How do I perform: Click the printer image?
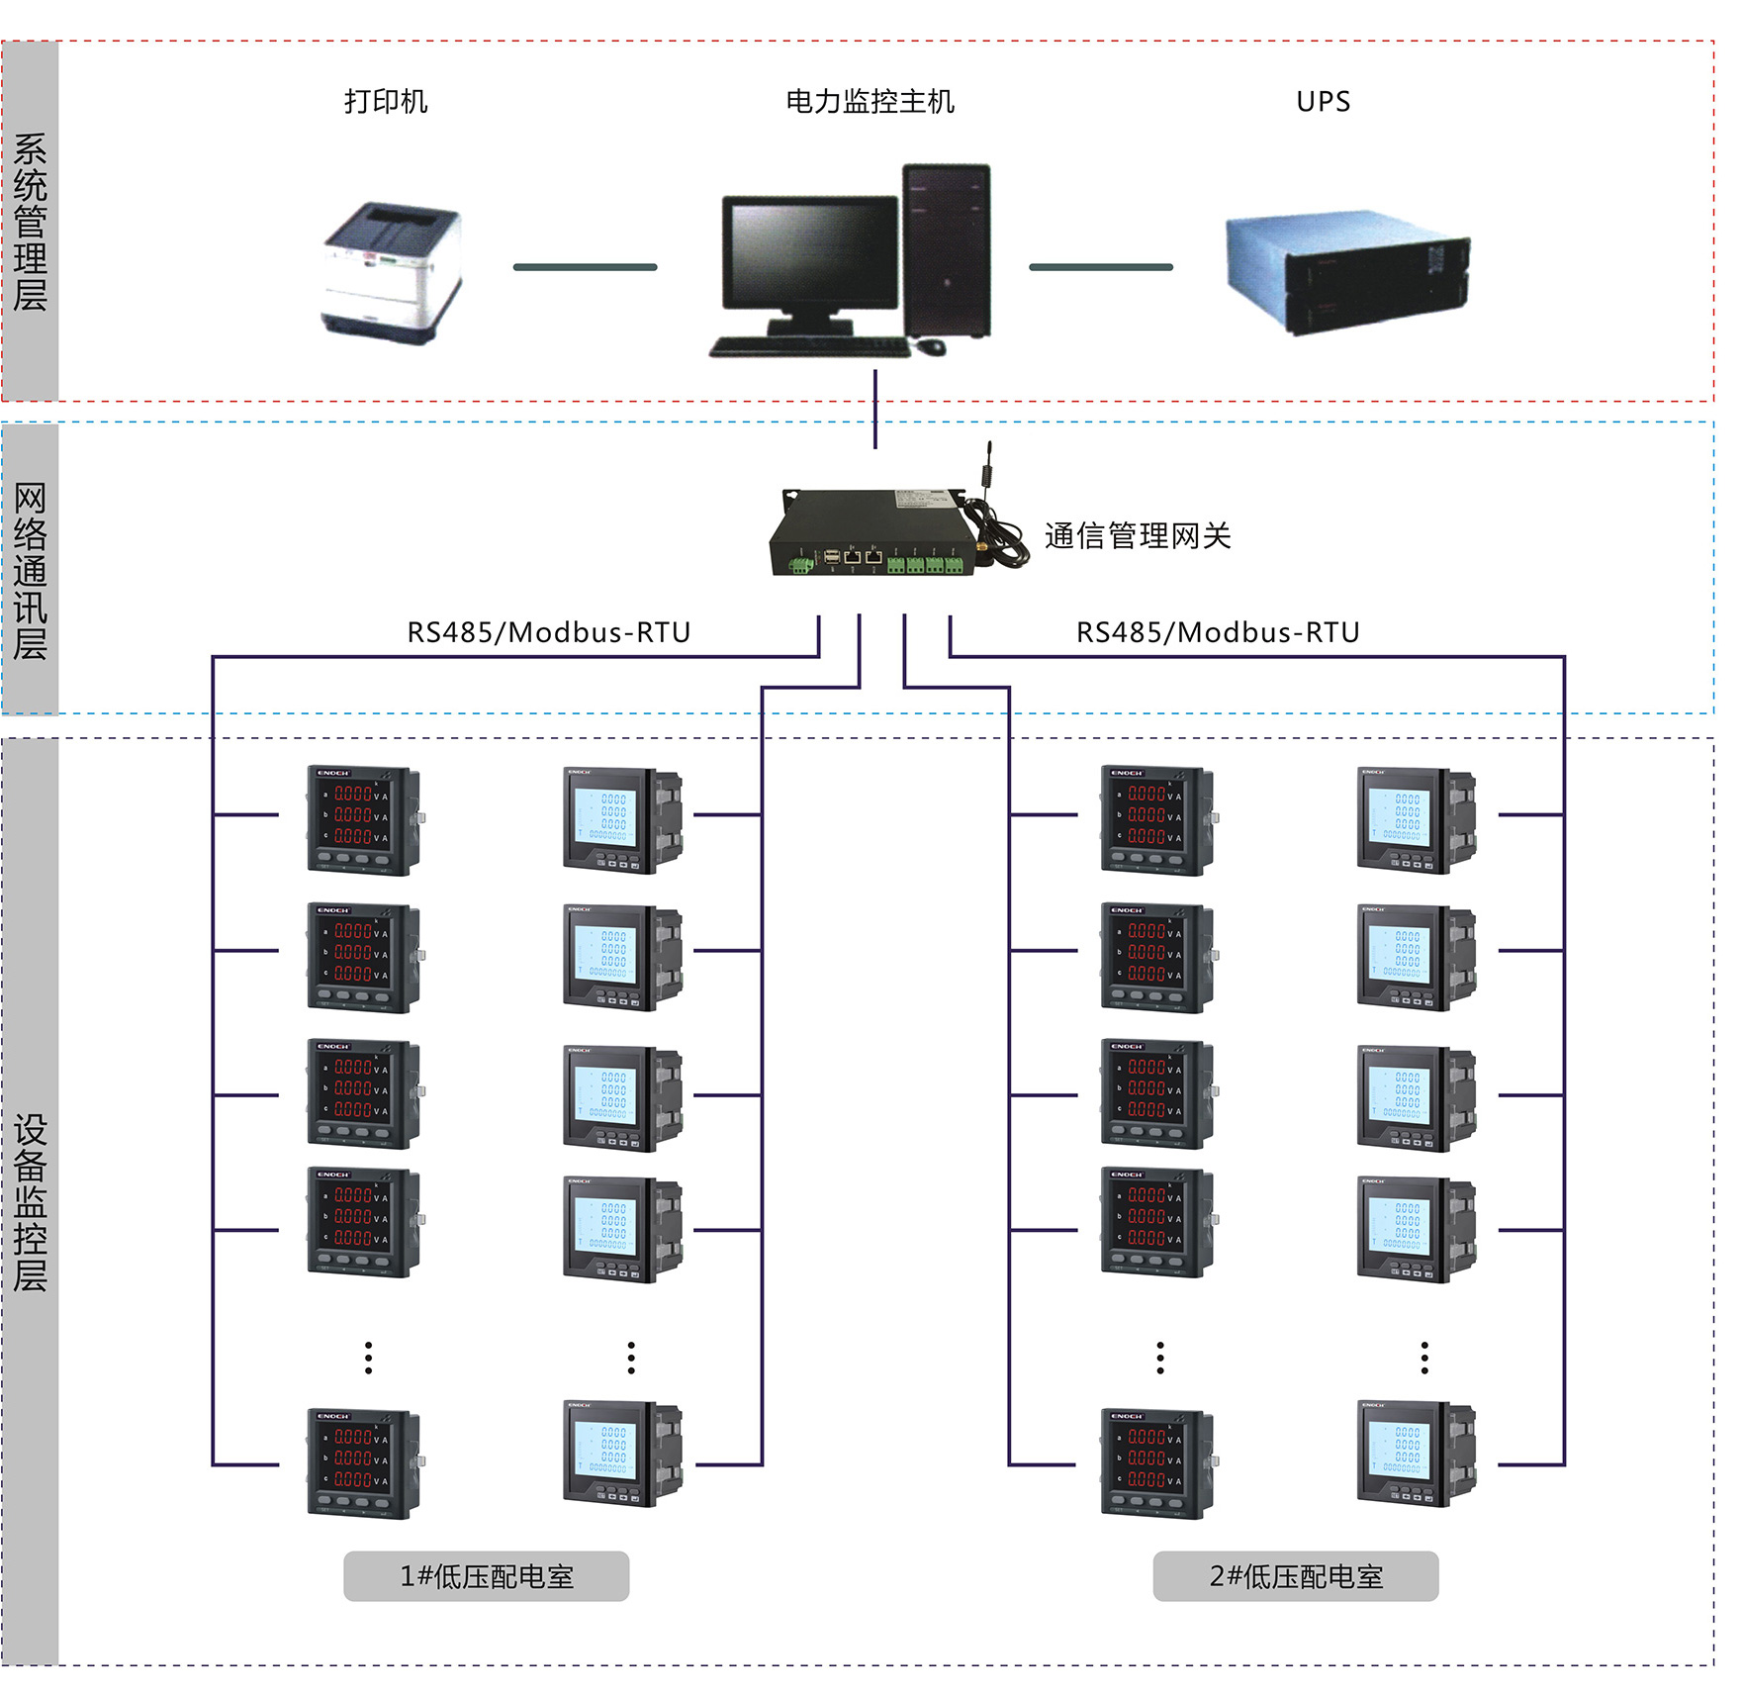click(x=393, y=271)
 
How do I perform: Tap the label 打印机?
click(x=386, y=102)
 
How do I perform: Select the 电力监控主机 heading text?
click(x=870, y=102)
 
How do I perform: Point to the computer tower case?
click(x=947, y=251)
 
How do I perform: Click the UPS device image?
click(x=1347, y=270)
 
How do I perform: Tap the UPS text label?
click(x=1323, y=102)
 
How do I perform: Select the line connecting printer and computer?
click(x=585, y=267)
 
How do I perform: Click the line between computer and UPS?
click(x=1100, y=267)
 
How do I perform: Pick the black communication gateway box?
click(x=868, y=531)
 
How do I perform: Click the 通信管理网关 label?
click(x=1138, y=536)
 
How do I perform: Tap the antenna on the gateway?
click(x=987, y=465)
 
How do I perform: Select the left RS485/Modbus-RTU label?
click(x=549, y=632)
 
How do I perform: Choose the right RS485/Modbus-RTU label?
click(x=1218, y=632)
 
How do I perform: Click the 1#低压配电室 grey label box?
click(x=486, y=1576)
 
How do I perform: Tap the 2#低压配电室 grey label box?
click(x=1295, y=1576)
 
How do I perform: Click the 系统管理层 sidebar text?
click(x=31, y=222)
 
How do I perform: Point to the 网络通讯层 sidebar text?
click(x=31, y=571)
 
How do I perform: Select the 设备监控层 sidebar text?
click(x=31, y=1202)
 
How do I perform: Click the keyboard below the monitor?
click(x=809, y=347)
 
